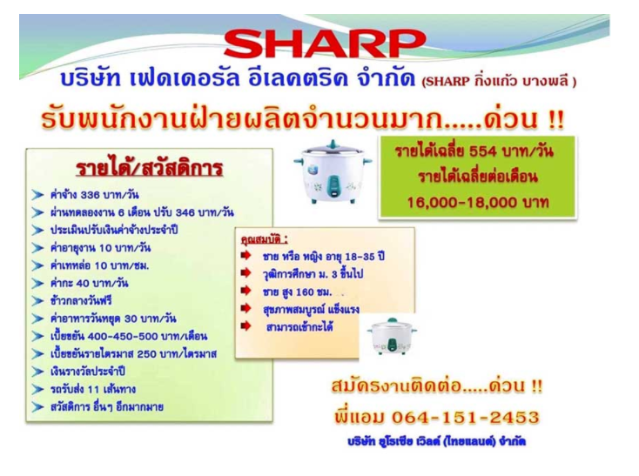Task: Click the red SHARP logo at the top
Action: click(x=325, y=43)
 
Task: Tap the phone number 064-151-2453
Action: click(x=466, y=418)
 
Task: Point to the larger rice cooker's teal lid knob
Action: click(x=333, y=144)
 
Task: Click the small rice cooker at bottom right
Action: click(x=392, y=336)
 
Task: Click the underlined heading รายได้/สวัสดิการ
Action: click(x=149, y=168)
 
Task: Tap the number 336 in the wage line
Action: click(x=90, y=195)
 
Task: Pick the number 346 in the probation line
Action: click(x=185, y=212)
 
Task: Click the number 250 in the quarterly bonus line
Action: click(x=147, y=354)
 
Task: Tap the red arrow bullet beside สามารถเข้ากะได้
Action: click(x=246, y=326)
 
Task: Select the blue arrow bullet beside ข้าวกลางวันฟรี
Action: click(x=37, y=301)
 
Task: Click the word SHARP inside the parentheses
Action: click(x=447, y=82)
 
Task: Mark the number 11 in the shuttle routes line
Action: click(x=93, y=390)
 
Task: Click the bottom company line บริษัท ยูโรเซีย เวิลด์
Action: click(x=436, y=442)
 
